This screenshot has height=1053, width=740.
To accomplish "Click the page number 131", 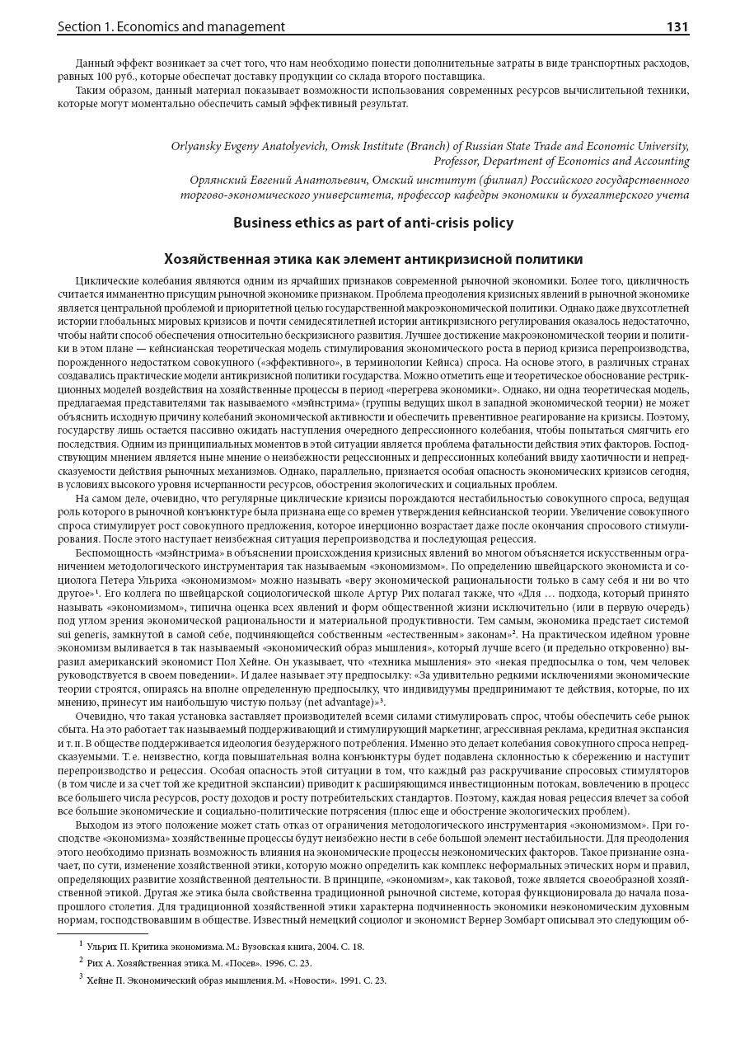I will coord(677,26).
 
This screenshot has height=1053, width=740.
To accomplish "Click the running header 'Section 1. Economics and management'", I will coord(171,26).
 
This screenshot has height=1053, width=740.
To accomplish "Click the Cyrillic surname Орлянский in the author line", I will coord(219,180).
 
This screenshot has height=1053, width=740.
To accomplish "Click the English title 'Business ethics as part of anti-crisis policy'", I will coord(372,223).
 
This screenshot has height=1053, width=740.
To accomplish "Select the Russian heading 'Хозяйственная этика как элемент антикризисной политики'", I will coord(372,259).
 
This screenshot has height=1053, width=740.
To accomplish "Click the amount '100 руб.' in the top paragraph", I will coord(109,77).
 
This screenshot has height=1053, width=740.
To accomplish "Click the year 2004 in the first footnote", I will coord(306,947).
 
